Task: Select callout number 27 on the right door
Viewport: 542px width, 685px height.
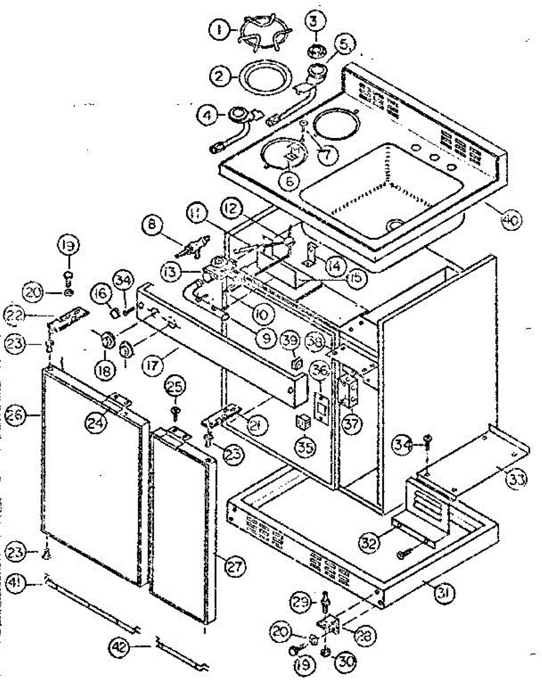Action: click(234, 567)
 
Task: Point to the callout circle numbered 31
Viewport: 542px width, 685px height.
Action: click(444, 594)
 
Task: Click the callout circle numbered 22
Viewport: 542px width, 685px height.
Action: click(21, 314)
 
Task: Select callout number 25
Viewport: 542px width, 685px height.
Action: click(176, 387)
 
